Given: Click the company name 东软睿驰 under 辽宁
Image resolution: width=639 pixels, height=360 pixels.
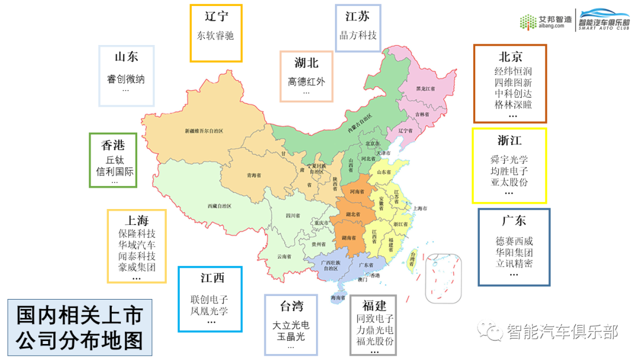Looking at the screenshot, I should click(215, 36).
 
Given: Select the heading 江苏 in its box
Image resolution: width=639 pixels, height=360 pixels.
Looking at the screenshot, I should click(357, 16).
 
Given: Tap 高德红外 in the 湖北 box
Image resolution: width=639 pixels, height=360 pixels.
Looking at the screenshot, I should click(306, 82).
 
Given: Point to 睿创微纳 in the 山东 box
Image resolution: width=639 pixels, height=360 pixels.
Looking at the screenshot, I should click(125, 79).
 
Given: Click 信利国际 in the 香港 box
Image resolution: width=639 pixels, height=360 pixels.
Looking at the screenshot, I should click(115, 172).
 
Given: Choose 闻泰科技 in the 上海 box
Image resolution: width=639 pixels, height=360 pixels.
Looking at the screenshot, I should click(137, 256).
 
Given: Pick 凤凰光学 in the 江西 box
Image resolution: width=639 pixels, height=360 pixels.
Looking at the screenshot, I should click(209, 311).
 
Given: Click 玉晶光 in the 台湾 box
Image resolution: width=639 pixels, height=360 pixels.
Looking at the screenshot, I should click(291, 336).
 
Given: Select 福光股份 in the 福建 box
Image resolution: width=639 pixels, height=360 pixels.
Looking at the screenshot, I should click(375, 341).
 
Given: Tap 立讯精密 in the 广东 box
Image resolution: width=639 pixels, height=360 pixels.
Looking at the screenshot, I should click(514, 263).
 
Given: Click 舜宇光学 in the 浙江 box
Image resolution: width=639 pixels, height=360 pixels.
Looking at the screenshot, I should click(509, 160).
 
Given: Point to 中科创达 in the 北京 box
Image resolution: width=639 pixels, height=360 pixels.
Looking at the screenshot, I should click(513, 94).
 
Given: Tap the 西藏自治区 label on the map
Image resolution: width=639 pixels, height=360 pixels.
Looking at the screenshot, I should click(219, 205).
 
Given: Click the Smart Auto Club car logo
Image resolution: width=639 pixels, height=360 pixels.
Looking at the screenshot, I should click(604, 20).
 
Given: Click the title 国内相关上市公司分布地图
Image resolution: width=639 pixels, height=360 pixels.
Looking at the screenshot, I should click(79, 327).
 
